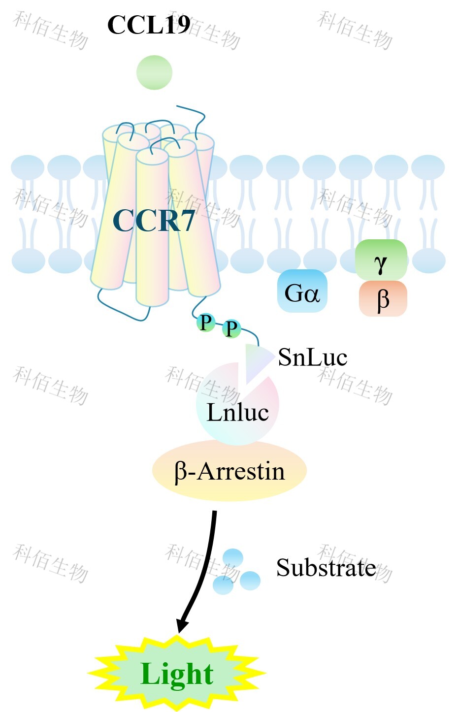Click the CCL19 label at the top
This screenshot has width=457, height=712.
tap(149, 25)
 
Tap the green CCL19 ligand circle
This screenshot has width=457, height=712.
tap(155, 72)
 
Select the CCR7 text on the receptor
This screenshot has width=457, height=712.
tap(154, 220)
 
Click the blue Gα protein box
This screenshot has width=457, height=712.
tap(302, 291)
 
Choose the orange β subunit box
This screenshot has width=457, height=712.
tap(383, 298)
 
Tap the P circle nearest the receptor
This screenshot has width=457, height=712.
tap(206, 323)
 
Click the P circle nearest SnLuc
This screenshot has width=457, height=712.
tap(231, 328)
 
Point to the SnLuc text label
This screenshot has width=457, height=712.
tap(313, 357)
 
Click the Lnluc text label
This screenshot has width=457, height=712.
tap(238, 413)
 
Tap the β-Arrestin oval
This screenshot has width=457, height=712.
tap(229, 471)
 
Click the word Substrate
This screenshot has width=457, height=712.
tap(326, 567)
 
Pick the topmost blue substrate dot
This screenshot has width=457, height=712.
tap(233, 558)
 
